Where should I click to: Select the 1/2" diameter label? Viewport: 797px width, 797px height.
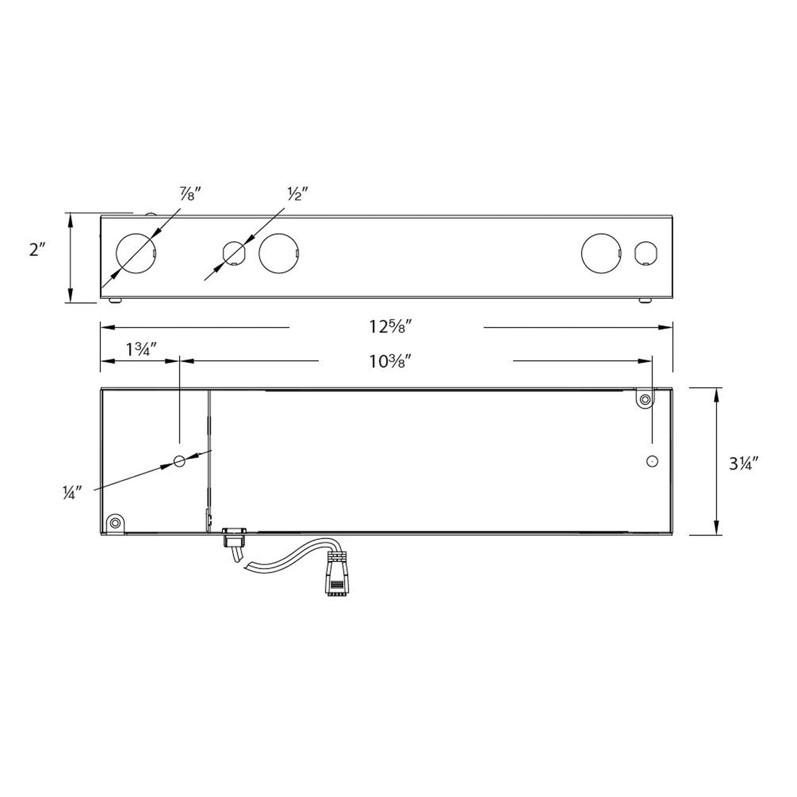(297, 194)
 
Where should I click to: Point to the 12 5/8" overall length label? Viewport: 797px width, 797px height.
(392, 327)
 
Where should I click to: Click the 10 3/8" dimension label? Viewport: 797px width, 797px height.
(392, 361)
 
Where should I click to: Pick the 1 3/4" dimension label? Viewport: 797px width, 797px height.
(142, 350)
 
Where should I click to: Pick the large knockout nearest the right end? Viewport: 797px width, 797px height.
(601, 253)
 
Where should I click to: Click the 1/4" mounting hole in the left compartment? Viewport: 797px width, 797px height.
(179, 461)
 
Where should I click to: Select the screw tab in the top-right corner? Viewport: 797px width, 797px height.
(644, 399)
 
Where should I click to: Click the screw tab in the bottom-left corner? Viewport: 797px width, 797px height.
(115, 522)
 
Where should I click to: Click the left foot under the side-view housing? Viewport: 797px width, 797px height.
(115, 301)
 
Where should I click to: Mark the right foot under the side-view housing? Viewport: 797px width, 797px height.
(645, 301)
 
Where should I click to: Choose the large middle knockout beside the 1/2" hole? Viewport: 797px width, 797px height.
(279, 254)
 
